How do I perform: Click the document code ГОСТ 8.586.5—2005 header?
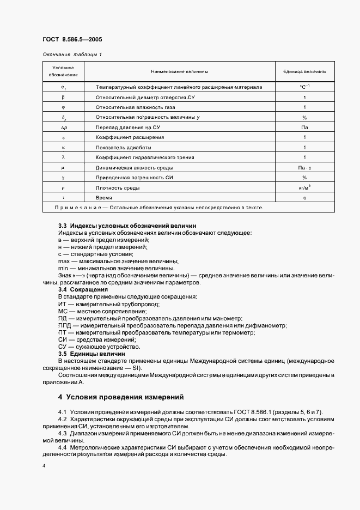[72, 39]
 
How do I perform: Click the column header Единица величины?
[304, 71]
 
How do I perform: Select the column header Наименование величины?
[179, 71]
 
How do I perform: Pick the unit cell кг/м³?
[304, 187]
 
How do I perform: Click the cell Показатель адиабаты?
[124, 148]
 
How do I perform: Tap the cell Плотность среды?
[117, 188]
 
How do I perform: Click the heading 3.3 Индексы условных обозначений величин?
[127, 226]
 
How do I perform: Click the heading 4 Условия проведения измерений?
[121, 397]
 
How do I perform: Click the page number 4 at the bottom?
[44, 466]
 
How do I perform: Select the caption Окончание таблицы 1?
[72, 54]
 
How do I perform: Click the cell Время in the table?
[103, 198]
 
